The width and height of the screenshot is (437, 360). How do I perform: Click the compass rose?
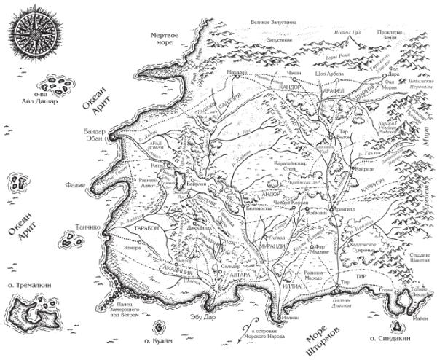point(31,34)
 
